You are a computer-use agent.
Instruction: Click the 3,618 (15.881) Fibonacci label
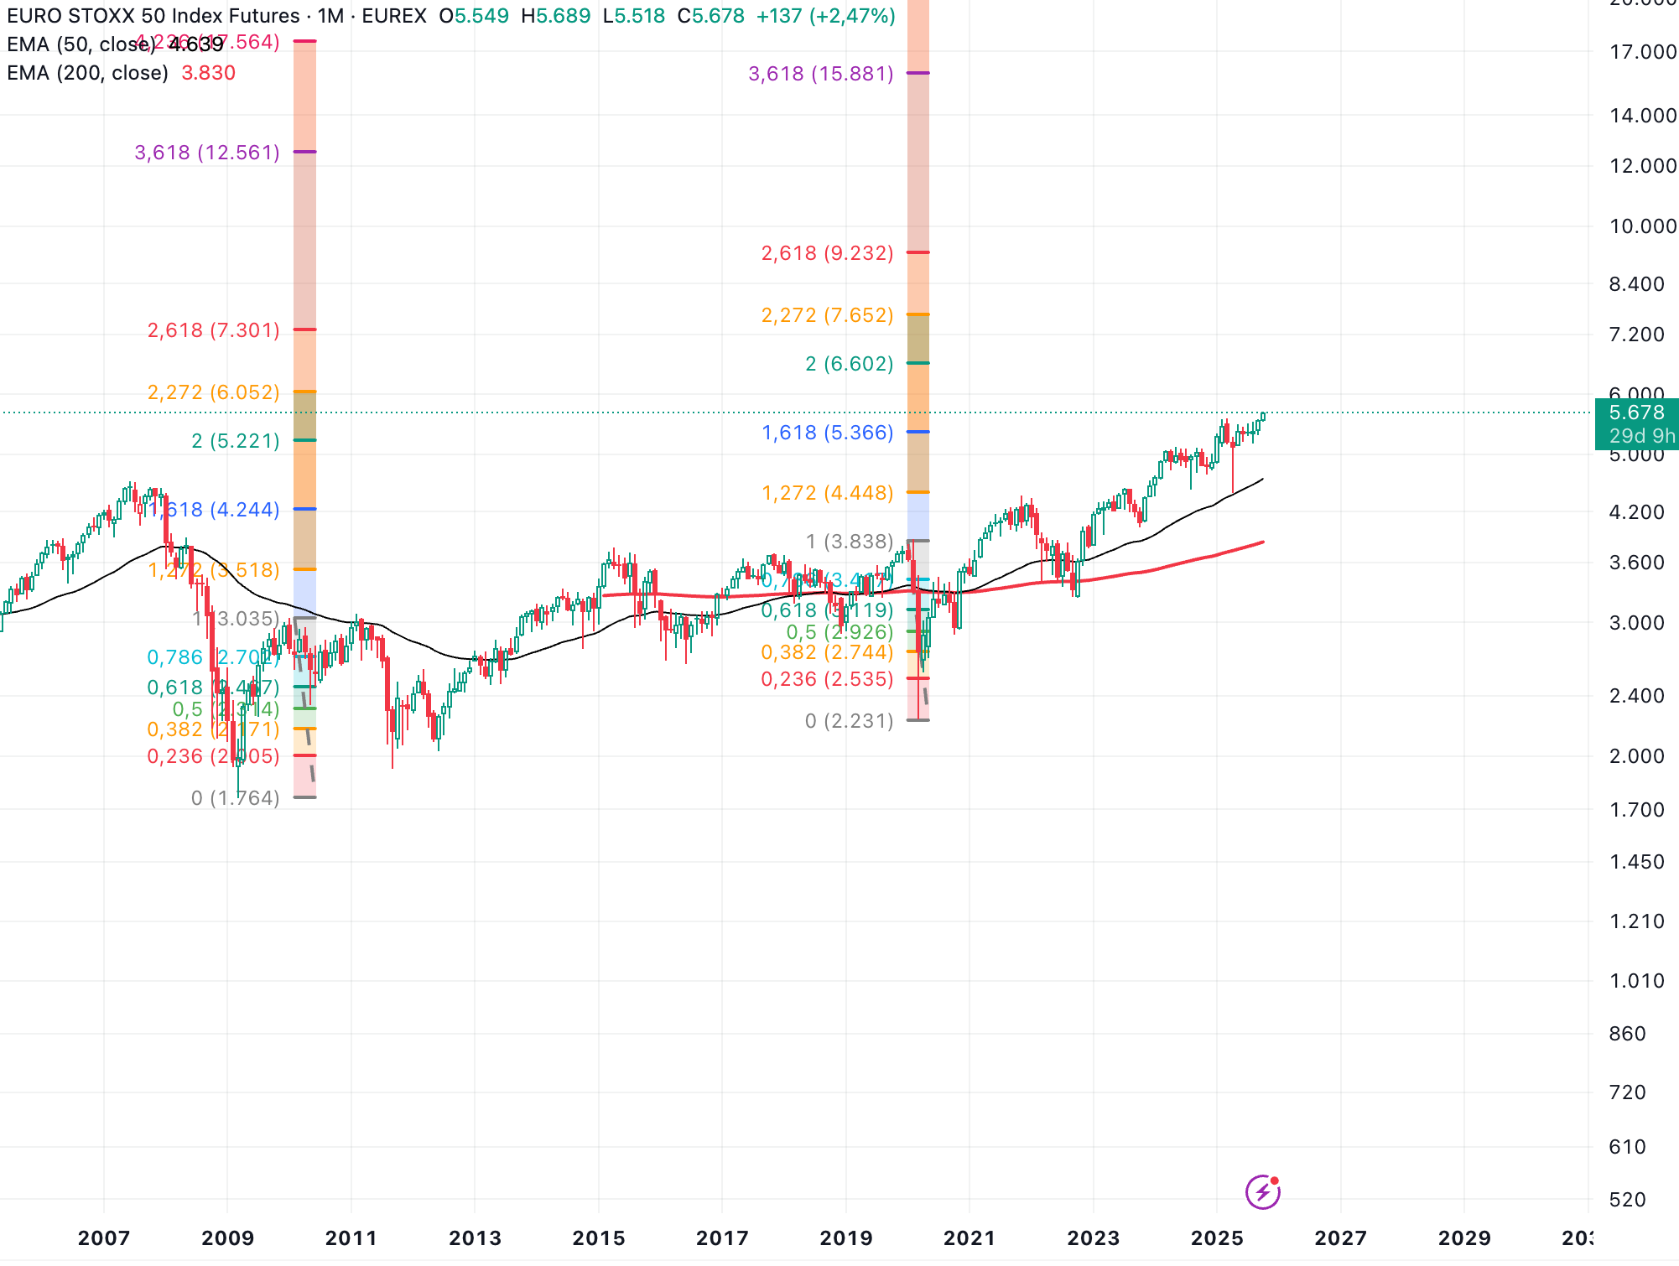pos(820,74)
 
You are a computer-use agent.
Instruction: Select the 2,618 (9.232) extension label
pos(827,253)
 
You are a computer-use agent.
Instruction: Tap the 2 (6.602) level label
pos(849,364)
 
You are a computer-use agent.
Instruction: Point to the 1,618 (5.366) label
pos(827,433)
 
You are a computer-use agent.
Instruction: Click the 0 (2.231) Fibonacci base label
pos(849,721)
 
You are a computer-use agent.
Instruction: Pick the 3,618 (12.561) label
pos(207,153)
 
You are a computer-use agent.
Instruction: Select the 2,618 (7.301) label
pos(213,330)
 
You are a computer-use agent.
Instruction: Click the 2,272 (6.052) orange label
pos(213,392)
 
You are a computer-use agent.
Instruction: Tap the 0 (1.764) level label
pos(235,798)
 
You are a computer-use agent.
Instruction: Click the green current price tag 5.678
pos(1636,412)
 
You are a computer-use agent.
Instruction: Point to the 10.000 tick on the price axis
pos(1642,226)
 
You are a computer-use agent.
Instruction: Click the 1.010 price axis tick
pos(1636,981)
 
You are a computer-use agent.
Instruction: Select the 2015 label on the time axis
pos(599,1238)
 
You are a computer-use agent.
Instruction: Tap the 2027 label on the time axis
pos(1340,1238)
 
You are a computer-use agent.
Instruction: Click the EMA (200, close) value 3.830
pos(208,73)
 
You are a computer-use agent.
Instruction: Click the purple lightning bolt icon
pos(1262,1192)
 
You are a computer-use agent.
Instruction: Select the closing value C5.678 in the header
pos(711,16)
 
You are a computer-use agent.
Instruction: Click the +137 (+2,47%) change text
pos(825,16)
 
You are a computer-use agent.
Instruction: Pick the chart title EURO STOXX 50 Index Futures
pos(153,16)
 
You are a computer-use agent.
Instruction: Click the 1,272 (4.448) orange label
pos(827,493)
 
